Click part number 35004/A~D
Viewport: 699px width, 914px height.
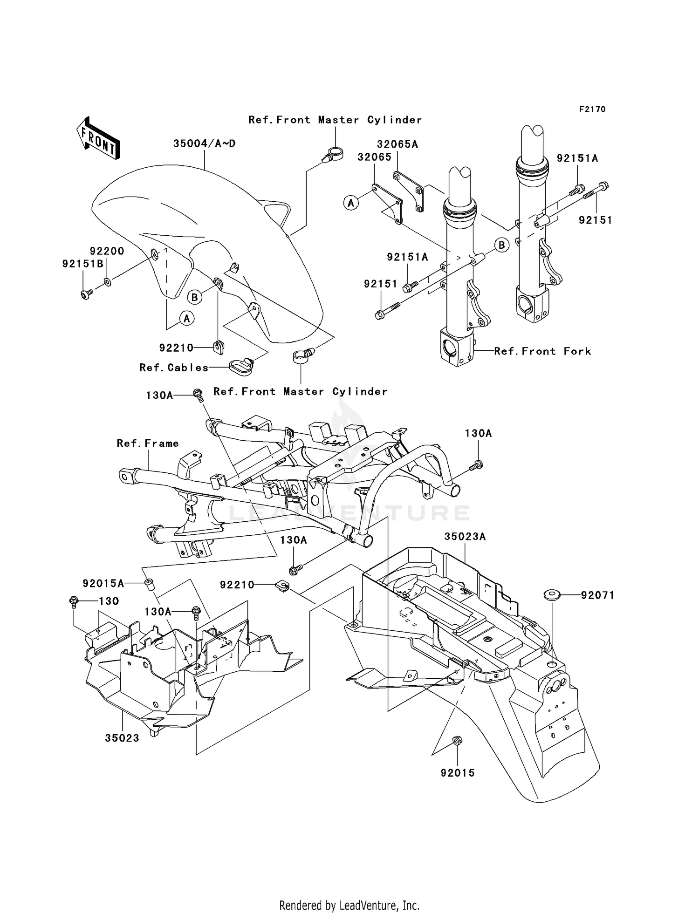(204, 144)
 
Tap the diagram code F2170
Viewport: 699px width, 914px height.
(592, 109)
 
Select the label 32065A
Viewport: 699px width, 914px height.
(397, 144)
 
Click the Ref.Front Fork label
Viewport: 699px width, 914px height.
(542, 351)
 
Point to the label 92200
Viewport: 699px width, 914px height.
(107, 251)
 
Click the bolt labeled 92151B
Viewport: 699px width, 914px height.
(86, 294)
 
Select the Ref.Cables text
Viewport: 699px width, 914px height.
(174, 368)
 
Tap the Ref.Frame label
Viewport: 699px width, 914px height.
(148, 443)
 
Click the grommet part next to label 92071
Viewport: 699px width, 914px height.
(552, 595)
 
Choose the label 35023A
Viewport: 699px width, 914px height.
(465, 537)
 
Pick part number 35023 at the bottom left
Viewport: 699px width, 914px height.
(122, 738)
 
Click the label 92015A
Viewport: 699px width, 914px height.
(103, 583)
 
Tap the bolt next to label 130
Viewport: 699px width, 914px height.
(73, 601)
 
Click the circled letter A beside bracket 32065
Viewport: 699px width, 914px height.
(351, 203)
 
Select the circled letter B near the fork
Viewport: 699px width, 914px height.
(501, 245)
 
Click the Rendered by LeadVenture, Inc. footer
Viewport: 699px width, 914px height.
(349, 905)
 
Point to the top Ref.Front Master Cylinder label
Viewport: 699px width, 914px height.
(335, 120)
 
